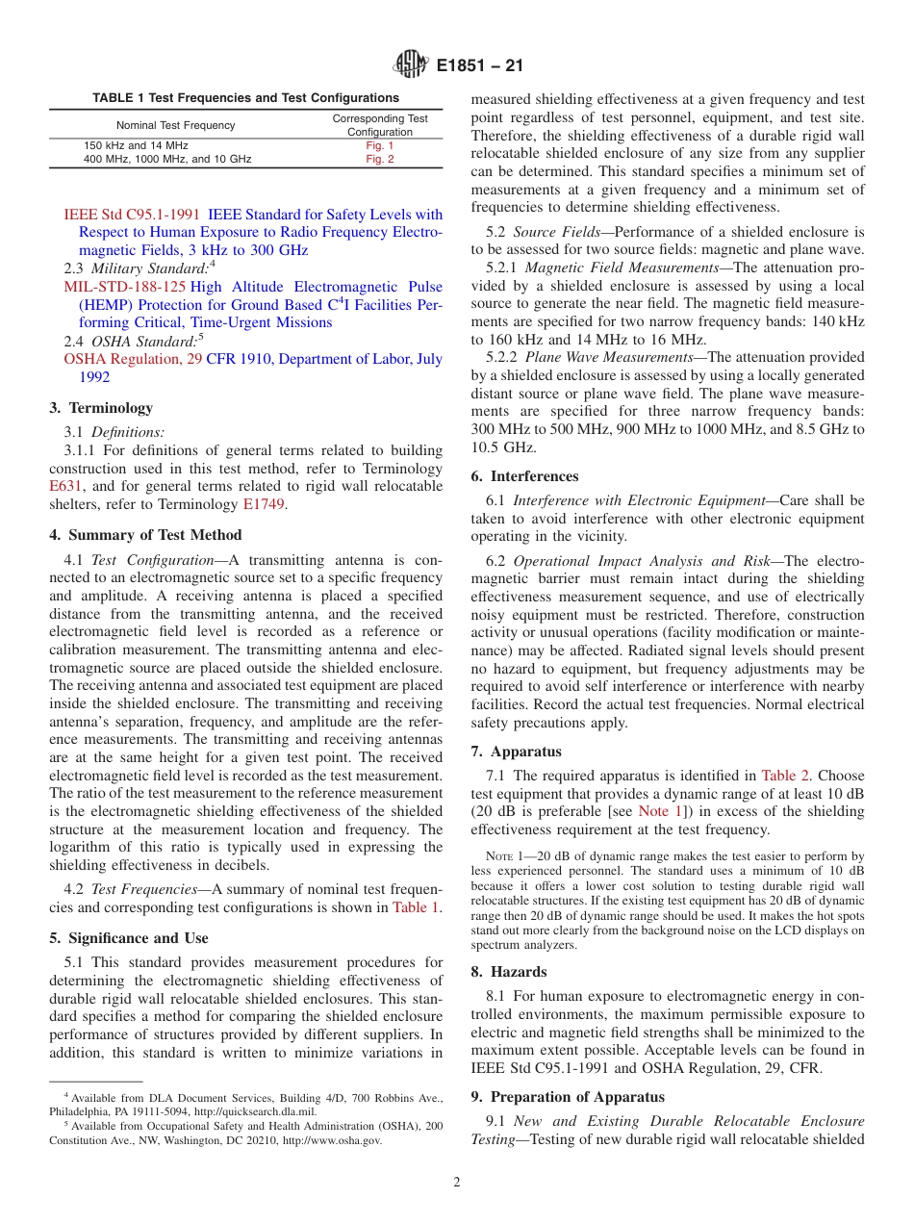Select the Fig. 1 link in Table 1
click(x=380, y=145)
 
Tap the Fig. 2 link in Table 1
click(x=380, y=159)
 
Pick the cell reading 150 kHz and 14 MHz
click(x=136, y=145)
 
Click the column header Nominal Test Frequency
click(x=175, y=125)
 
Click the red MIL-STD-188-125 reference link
click(x=125, y=287)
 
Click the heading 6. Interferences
click(x=524, y=476)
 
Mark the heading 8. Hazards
click(x=509, y=972)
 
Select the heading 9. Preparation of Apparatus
click(x=568, y=1097)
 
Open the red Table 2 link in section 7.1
click(x=785, y=776)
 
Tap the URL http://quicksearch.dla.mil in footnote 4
click(x=257, y=1111)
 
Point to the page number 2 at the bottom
click(x=457, y=1183)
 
